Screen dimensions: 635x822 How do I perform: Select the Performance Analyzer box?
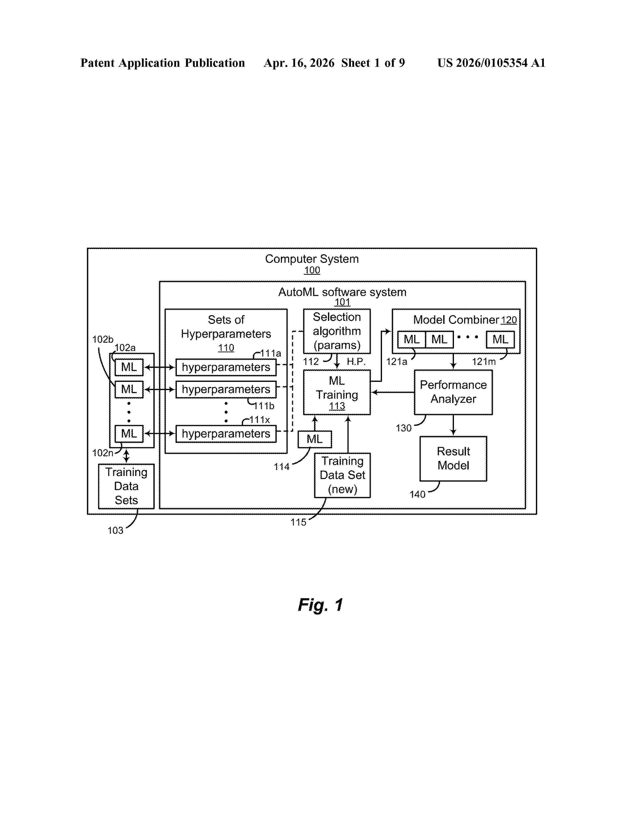click(x=453, y=392)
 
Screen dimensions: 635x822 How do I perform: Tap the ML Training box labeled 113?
click(x=337, y=392)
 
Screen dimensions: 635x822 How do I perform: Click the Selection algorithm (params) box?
click(x=337, y=331)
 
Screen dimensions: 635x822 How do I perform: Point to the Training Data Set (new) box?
click(x=342, y=475)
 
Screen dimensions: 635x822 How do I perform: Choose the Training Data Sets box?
click(x=126, y=486)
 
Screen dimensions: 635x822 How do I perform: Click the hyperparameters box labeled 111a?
click(x=226, y=367)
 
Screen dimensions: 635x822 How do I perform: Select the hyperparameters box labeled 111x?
click(x=226, y=434)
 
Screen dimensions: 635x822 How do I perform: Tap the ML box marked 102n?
click(x=129, y=434)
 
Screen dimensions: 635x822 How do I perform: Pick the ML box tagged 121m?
click(x=500, y=340)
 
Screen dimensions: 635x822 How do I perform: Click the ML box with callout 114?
click(x=315, y=439)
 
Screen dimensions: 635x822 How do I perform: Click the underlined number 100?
click(x=312, y=270)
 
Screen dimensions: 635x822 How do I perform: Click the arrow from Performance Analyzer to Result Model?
click(x=453, y=425)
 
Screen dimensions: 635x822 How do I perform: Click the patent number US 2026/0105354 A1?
click(x=491, y=63)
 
